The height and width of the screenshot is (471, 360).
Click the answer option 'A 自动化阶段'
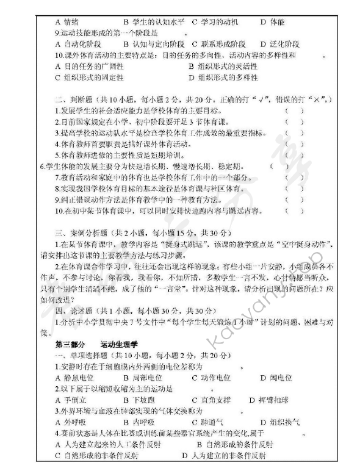pyautogui.click(x=79, y=45)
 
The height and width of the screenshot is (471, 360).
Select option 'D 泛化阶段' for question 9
pyautogui.click(x=280, y=45)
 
